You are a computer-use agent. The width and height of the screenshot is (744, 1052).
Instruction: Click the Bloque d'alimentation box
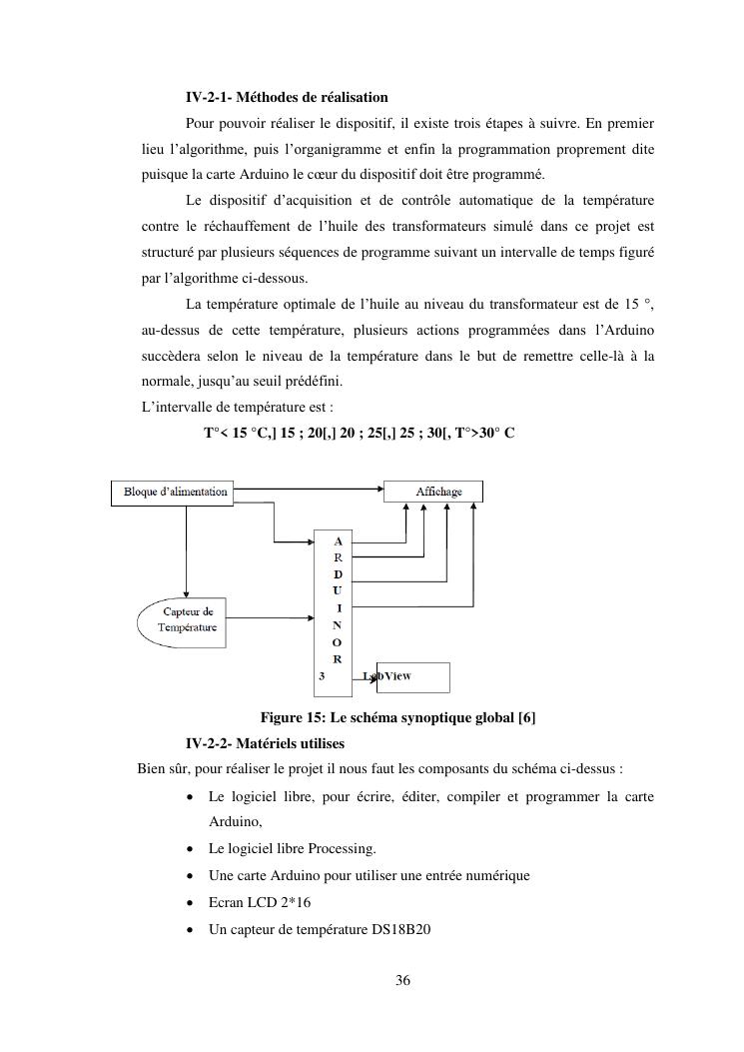pyautogui.click(x=175, y=492)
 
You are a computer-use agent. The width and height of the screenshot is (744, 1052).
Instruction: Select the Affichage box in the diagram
pyautogui.click(x=432, y=492)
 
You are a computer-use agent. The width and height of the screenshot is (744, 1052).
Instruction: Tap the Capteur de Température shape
pyautogui.click(x=188, y=619)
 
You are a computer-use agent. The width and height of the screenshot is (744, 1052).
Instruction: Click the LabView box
pyautogui.click(x=411, y=676)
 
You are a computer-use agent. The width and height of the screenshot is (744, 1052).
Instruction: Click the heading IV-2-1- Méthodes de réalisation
pyautogui.click(x=287, y=97)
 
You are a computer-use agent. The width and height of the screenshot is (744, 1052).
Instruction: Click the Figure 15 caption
pyautogui.click(x=397, y=718)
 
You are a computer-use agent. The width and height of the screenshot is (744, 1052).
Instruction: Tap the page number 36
pyautogui.click(x=402, y=980)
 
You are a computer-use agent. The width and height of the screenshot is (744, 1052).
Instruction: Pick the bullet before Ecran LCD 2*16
pyautogui.click(x=191, y=901)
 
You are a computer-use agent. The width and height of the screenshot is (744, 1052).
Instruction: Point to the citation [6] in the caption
pyautogui.click(x=526, y=718)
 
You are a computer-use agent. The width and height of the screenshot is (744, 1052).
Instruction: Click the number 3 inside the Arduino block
pyautogui.click(x=322, y=676)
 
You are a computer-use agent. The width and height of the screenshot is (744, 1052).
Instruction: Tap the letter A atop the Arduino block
pyautogui.click(x=338, y=539)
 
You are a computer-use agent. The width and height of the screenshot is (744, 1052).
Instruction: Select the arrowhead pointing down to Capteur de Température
pyautogui.click(x=186, y=593)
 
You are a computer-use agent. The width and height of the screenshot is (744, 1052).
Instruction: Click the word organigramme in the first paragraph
pyautogui.click(x=399, y=150)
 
